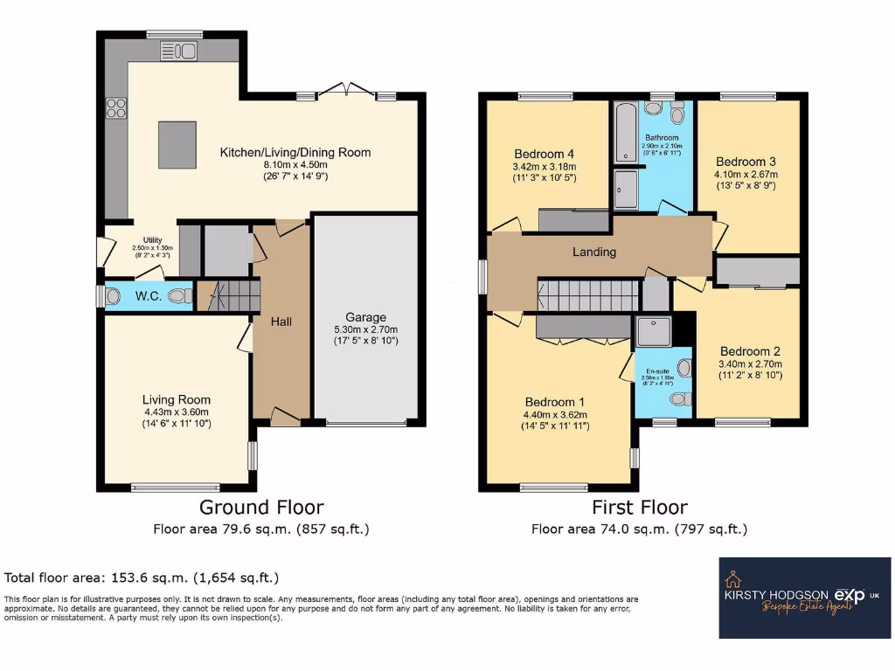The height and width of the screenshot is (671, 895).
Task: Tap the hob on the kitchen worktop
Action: tap(116, 107)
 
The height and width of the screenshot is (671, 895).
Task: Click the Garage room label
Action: tap(366, 317)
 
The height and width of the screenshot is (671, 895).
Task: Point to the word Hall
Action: tap(281, 322)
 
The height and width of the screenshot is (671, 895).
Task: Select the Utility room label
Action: tap(141, 239)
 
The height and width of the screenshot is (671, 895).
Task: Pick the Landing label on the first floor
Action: tap(594, 252)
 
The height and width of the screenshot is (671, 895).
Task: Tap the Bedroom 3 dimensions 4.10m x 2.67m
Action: tap(746, 175)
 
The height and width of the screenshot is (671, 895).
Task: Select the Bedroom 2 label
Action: tap(750, 351)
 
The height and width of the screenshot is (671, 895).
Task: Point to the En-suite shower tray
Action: tap(652, 330)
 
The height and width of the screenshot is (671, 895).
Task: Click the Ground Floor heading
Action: tap(261, 507)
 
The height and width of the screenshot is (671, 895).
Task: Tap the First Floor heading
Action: tap(639, 507)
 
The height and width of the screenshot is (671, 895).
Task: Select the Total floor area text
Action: tap(142, 578)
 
